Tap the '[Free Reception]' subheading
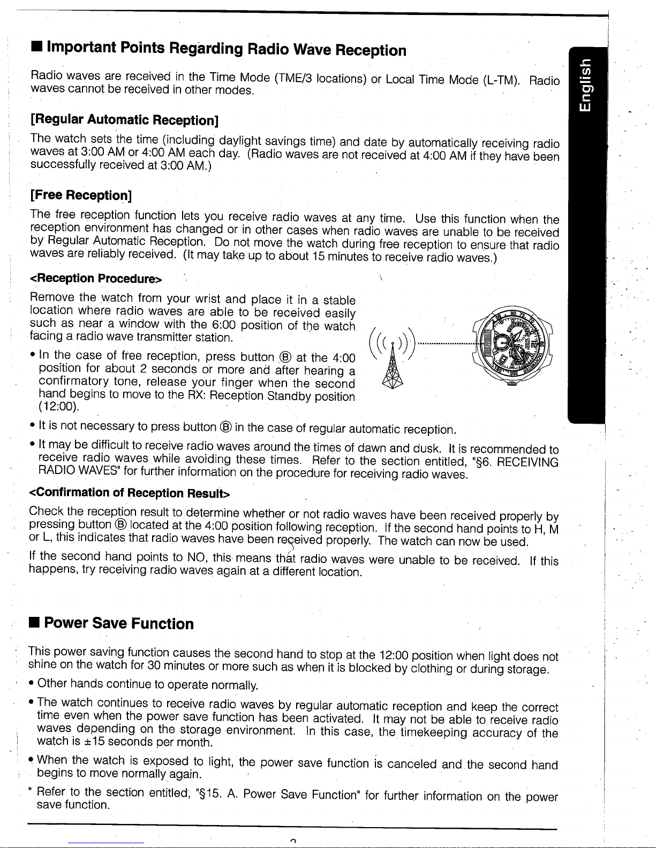click(81, 195)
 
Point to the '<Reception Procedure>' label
click(96, 279)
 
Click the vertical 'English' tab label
click(587, 90)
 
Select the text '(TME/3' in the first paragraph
click(293, 78)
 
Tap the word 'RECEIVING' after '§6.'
click(527, 461)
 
